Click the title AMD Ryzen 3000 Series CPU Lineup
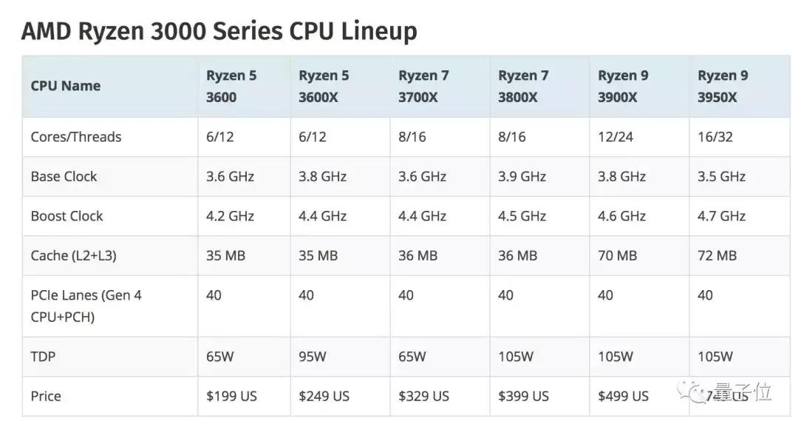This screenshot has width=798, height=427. (x=219, y=31)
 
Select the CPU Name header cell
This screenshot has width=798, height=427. (x=66, y=86)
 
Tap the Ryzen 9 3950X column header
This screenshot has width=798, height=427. (x=722, y=86)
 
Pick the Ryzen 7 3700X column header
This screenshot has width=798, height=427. (x=423, y=86)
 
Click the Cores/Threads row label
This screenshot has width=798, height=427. (x=75, y=137)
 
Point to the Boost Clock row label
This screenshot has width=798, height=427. (x=66, y=216)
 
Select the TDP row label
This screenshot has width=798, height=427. (x=43, y=357)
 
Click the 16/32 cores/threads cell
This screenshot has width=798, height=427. (x=715, y=137)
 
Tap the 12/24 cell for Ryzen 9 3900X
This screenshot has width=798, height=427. (x=615, y=137)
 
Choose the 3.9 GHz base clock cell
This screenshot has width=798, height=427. (x=522, y=176)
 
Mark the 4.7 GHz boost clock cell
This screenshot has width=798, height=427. (x=721, y=216)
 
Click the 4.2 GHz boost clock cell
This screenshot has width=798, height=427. (x=230, y=216)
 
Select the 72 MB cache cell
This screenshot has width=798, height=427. (x=717, y=255)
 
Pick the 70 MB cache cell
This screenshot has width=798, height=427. (x=617, y=255)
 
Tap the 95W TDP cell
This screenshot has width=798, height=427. (x=312, y=357)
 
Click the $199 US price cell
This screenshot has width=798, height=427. (x=231, y=396)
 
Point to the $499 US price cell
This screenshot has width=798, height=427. (x=623, y=396)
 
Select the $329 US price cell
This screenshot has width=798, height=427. (x=423, y=396)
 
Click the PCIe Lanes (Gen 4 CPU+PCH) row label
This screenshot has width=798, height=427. (x=86, y=306)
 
